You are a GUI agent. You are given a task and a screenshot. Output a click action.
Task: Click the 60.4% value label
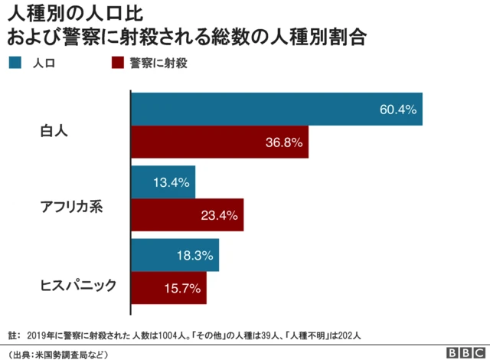[x=397, y=110]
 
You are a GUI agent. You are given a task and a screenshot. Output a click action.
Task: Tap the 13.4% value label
[x=171, y=182]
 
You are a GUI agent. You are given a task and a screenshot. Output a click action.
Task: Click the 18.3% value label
[x=195, y=255]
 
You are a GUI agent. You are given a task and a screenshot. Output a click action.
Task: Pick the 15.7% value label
[x=183, y=288]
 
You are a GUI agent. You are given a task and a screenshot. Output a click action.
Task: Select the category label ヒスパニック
[x=78, y=286]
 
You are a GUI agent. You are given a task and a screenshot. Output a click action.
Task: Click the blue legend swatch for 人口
[x=15, y=63]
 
